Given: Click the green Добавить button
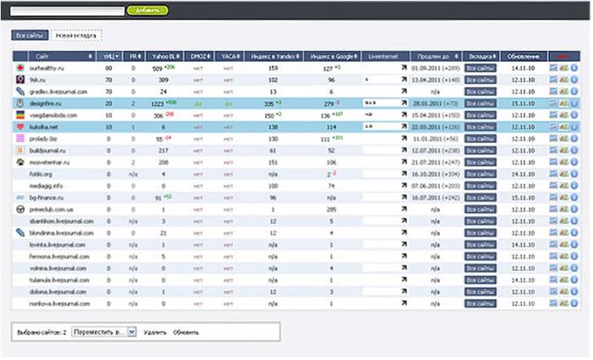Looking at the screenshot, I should pos(147,10).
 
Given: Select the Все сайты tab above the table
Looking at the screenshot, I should pos(29,36).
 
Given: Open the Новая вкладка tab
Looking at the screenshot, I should pos(75,36).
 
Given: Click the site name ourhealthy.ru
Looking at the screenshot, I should pos(49,68).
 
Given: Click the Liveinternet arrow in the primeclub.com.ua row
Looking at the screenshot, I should pos(403,207).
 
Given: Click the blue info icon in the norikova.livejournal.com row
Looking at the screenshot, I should pos(574,303).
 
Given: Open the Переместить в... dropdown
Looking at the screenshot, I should pos(103,332).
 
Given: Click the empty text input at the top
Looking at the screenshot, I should pos(68,10).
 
